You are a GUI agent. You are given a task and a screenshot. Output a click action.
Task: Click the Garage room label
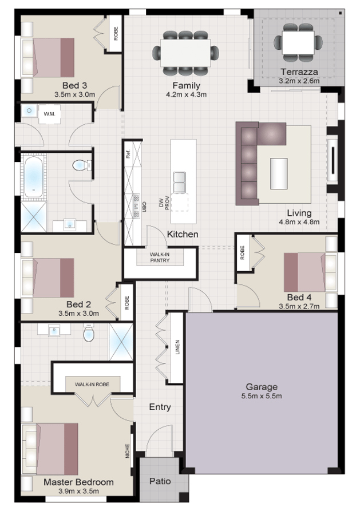pos(262,386)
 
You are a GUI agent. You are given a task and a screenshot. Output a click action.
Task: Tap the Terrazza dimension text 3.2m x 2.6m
pos(298,81)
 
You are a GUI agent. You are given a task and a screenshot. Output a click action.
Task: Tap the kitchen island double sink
pos(180,181)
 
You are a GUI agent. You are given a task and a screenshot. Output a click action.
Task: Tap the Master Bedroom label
pos(78,482)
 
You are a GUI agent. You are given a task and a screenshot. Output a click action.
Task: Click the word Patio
pos(160,481)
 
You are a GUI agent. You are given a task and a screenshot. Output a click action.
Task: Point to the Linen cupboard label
pos(177,347)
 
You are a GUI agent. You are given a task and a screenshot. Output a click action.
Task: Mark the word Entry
pos(160,407)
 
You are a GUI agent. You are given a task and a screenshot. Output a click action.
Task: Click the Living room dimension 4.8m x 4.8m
pos(299,222)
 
